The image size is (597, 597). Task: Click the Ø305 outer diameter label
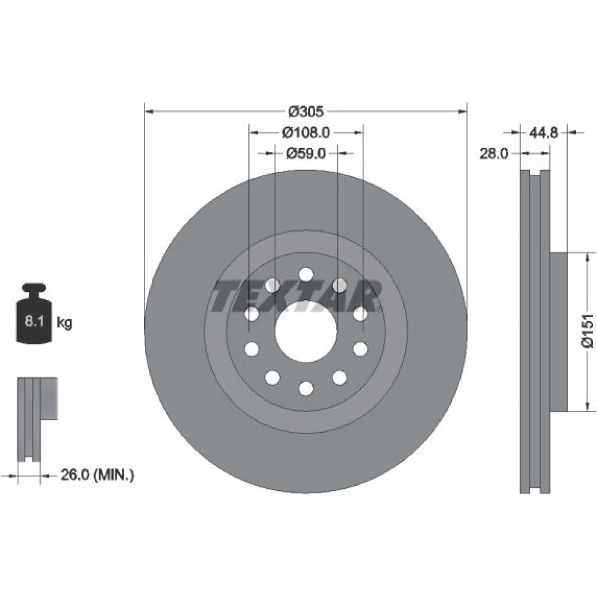click(306, 112)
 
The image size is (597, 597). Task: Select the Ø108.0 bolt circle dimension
click(306, 133)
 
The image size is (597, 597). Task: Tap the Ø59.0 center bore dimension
click(306, 153)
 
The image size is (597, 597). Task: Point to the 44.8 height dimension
click(543, 133)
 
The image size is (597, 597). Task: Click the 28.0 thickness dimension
click(494, 153)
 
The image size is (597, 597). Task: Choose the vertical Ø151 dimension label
click(587, 331)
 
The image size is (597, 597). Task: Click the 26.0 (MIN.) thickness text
click(97, 475)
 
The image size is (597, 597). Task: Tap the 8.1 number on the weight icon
click(34, 321)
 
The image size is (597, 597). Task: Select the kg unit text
click(64, 322)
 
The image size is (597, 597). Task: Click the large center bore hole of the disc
click(306, 331)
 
